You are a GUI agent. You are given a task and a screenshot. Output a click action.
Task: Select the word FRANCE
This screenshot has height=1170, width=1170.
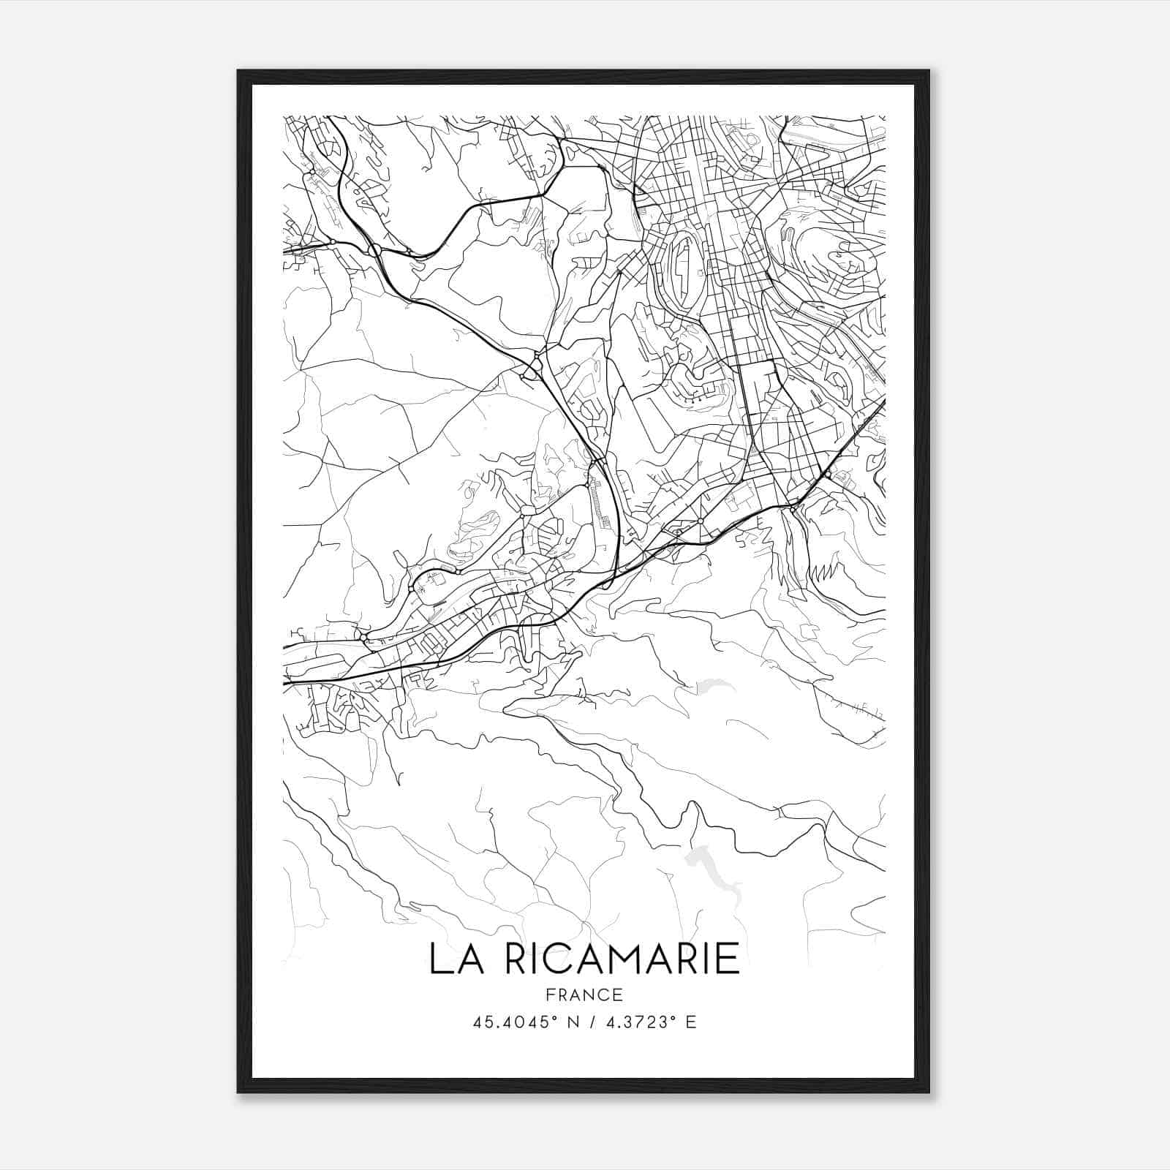(584, 994)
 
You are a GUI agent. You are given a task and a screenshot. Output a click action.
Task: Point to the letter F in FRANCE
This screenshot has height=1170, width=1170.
(551, 994)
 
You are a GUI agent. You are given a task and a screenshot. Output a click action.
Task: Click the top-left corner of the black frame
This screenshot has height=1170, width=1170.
(238, 71)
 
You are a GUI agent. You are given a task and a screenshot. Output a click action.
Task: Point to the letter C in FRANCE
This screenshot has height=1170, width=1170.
(604, 994)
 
